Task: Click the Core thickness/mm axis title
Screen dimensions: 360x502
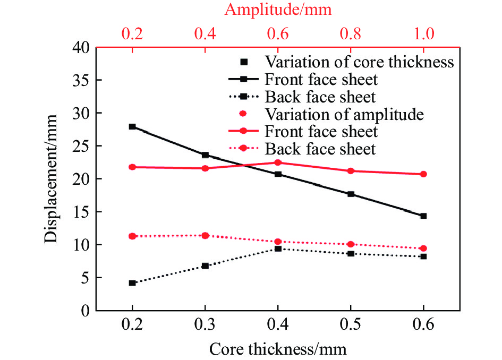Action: coord(278,349)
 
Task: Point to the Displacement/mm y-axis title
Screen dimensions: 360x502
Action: coord(51,179)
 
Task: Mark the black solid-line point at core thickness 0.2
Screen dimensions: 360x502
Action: coord(132,126)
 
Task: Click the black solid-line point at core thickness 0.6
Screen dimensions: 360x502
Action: coord(423,216)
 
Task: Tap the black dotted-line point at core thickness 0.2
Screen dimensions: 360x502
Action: coord(132,283)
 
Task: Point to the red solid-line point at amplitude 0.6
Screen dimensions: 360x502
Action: coord(278,162)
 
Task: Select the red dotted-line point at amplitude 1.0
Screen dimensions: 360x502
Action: coord(423,248)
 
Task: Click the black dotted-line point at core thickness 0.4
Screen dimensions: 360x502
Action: coord(278,248)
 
